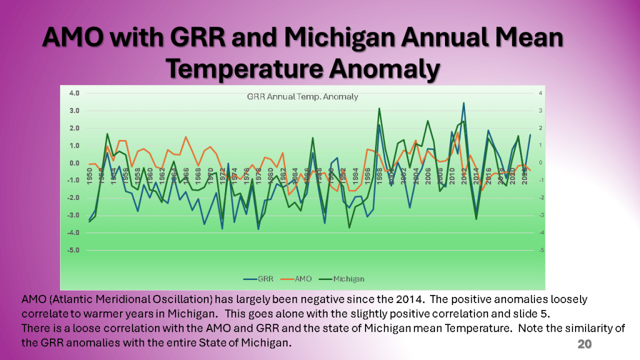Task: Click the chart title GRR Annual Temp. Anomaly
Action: click(x=302, y=96)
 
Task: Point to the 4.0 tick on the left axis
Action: click(x=74, y=93)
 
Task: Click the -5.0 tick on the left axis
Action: click(x=73, y=250)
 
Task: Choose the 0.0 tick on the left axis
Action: click(x=74, y=163)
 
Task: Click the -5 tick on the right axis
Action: click(x=541, y=250)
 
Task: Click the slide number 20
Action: click(x=584, y=345)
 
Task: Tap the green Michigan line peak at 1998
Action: click(x=379, y=109)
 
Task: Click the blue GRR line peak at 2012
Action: click(x=464, y=103)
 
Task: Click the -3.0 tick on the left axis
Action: click(x=73, y=215)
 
